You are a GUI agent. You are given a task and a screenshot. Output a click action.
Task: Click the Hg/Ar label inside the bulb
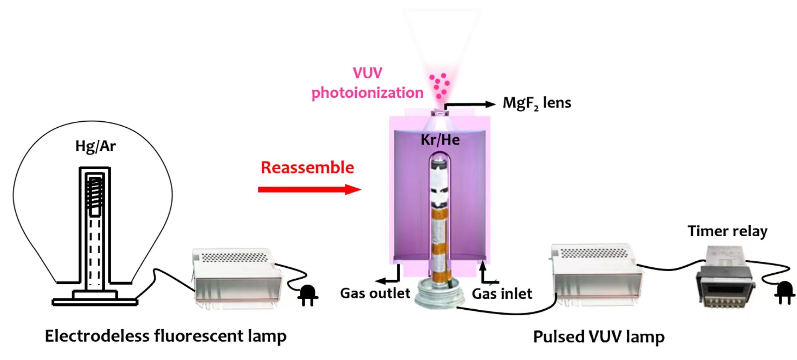(x=95, y=146)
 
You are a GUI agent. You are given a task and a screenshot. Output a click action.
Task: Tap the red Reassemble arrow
(x=309, y=189)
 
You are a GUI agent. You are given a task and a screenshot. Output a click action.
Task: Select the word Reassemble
(x=307, y=168)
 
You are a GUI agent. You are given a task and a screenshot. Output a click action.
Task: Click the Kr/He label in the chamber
(x=440, y=140)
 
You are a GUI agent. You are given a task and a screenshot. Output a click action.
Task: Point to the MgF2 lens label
(x=536, y=103)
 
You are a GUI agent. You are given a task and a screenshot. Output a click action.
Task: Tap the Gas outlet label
(x=375, y=293)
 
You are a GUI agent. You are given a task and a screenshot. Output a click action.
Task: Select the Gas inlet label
(x=502, y=294)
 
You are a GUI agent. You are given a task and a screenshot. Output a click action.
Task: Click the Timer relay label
(x=727, y=231)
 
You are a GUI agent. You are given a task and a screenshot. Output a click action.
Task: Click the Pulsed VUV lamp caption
(x=599, y=337)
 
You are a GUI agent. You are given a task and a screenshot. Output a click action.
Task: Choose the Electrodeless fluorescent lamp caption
(x=166, y=336)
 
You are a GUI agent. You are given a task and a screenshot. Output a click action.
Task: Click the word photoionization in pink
(x=367, y=93)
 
